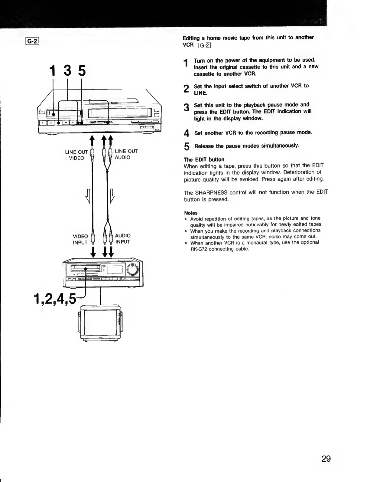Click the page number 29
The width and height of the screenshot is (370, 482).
326,459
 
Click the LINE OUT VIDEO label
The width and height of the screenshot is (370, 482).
77,155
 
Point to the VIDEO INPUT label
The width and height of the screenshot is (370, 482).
80,239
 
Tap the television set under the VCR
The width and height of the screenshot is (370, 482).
100,323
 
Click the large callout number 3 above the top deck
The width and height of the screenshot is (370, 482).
68,71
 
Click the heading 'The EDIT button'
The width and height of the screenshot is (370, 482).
204,159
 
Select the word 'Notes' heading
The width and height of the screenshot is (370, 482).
191,213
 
